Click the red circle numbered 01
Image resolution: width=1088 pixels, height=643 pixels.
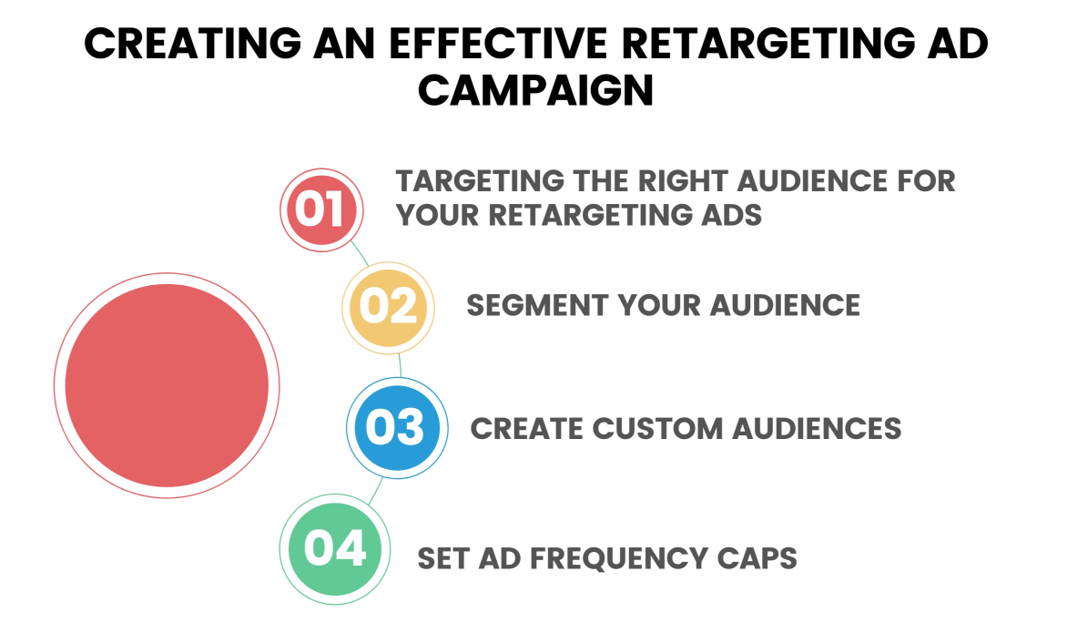pos(322,209)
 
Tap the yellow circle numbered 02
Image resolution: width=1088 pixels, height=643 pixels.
pos(389,308)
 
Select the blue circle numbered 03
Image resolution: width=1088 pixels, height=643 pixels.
pos(397,428)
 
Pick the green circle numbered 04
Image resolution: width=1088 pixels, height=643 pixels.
pos(335,549)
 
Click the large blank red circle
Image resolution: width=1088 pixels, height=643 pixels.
pos(167,385)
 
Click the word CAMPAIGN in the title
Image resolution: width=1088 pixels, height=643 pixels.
pos(535,90)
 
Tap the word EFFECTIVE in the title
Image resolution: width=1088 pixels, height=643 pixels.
pos(497,43)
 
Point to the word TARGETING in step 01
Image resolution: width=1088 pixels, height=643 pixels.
pos(480,181)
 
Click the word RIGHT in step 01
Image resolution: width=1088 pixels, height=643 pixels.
pos(682,181)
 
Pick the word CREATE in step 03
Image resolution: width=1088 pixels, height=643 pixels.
pos(526,428)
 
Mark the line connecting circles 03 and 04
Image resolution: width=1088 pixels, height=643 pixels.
pos(375,490)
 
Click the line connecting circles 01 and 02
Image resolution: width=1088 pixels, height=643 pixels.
pos(360,253)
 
